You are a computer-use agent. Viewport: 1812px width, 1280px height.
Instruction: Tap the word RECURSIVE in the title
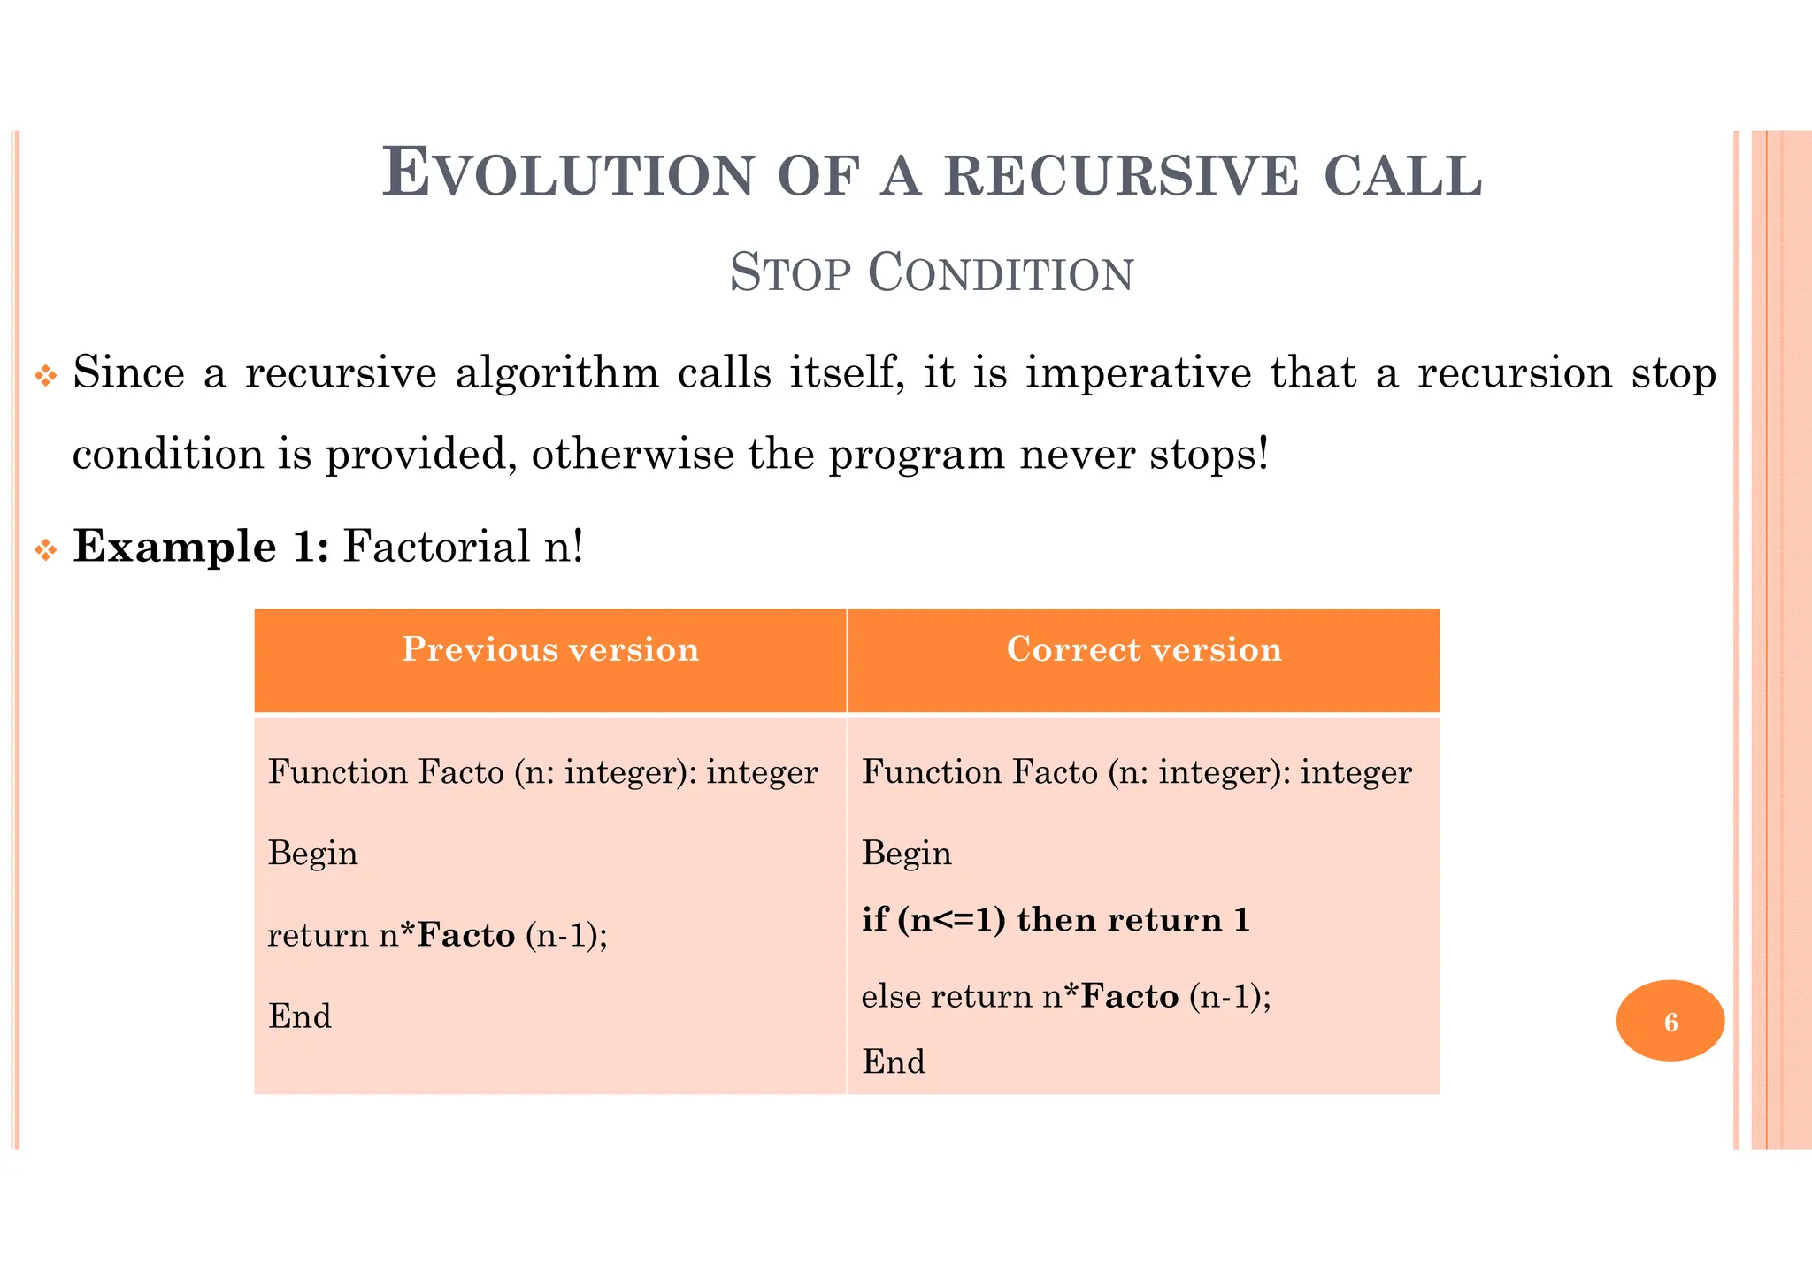pyautogui.click(x=1121, y=175)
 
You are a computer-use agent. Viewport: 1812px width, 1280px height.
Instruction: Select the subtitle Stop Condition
pyautogui.click(x=931, y=272)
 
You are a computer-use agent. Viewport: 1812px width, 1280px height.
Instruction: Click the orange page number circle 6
pyautogui.click(x=1670, y=1021)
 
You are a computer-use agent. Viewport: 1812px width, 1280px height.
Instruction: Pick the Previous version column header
pyautogui.click(x=550, y=650)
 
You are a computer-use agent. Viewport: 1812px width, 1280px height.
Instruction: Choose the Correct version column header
pyautogui.click(x=1143, y=650)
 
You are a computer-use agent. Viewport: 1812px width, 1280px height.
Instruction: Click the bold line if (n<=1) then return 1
pyautogui.click(x=1056, y=920)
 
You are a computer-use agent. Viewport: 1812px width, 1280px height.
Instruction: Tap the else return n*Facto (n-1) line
pyautogui.click(x=1065, y=997)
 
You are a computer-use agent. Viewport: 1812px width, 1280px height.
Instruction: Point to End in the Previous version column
pyautogui.click(x=299, y=1016)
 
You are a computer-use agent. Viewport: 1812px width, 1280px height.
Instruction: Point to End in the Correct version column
pyautogui.click(x=893, y=1062)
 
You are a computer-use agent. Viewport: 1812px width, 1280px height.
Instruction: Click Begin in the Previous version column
pyautogui.click(x=312, y=854)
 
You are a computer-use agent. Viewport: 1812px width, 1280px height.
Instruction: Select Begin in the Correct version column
pyautogui.click(x=906, y=854)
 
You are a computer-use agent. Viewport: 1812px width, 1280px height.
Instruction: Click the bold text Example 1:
pyautogui.click(x=201, y=546)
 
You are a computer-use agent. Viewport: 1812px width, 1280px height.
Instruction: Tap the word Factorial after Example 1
pyautogui.click(x=436, y=546)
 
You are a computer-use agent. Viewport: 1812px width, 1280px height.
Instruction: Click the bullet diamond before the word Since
pyautogui.click(x=45, y=377)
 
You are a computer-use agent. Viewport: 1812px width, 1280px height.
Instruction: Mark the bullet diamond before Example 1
pyautogui.click(x=45, y=551)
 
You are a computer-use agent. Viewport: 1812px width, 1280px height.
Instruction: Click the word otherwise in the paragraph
pyautogui.click(x=632, y=455)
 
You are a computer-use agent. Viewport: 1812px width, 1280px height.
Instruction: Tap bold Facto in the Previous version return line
pyautogui.click(x=465, y=935)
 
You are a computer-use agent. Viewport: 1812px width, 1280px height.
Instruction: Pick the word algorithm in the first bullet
pyautogui.click(x=557, y=373)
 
